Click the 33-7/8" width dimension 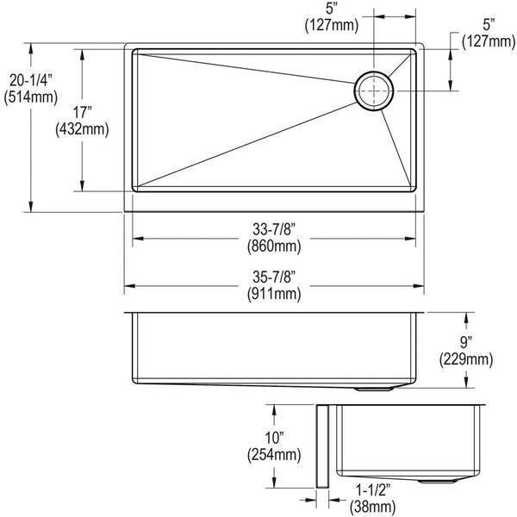coord(276,229)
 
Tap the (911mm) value coord(276,294)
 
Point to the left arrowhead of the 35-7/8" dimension coord(128,286)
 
